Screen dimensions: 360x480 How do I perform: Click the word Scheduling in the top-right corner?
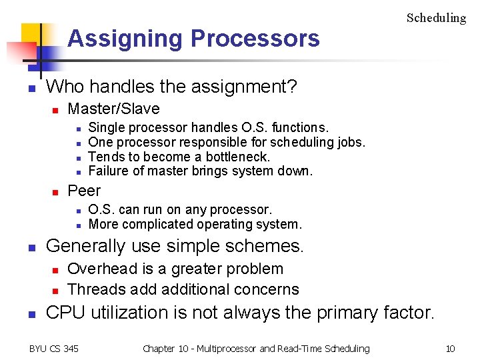[x=436, y=18]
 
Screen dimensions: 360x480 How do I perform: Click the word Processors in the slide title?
[x=255, y=39]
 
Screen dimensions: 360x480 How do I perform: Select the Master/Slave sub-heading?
[x=114, y=109]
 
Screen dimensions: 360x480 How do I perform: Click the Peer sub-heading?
[x=84, y=191]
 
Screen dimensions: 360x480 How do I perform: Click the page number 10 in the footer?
[x=450, y=349]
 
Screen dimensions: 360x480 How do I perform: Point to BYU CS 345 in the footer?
[x=53, y=349]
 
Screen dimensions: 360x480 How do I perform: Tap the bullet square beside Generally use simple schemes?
[x=31, y=247]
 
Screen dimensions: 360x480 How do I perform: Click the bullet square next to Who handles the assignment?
[x=31, y=88]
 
